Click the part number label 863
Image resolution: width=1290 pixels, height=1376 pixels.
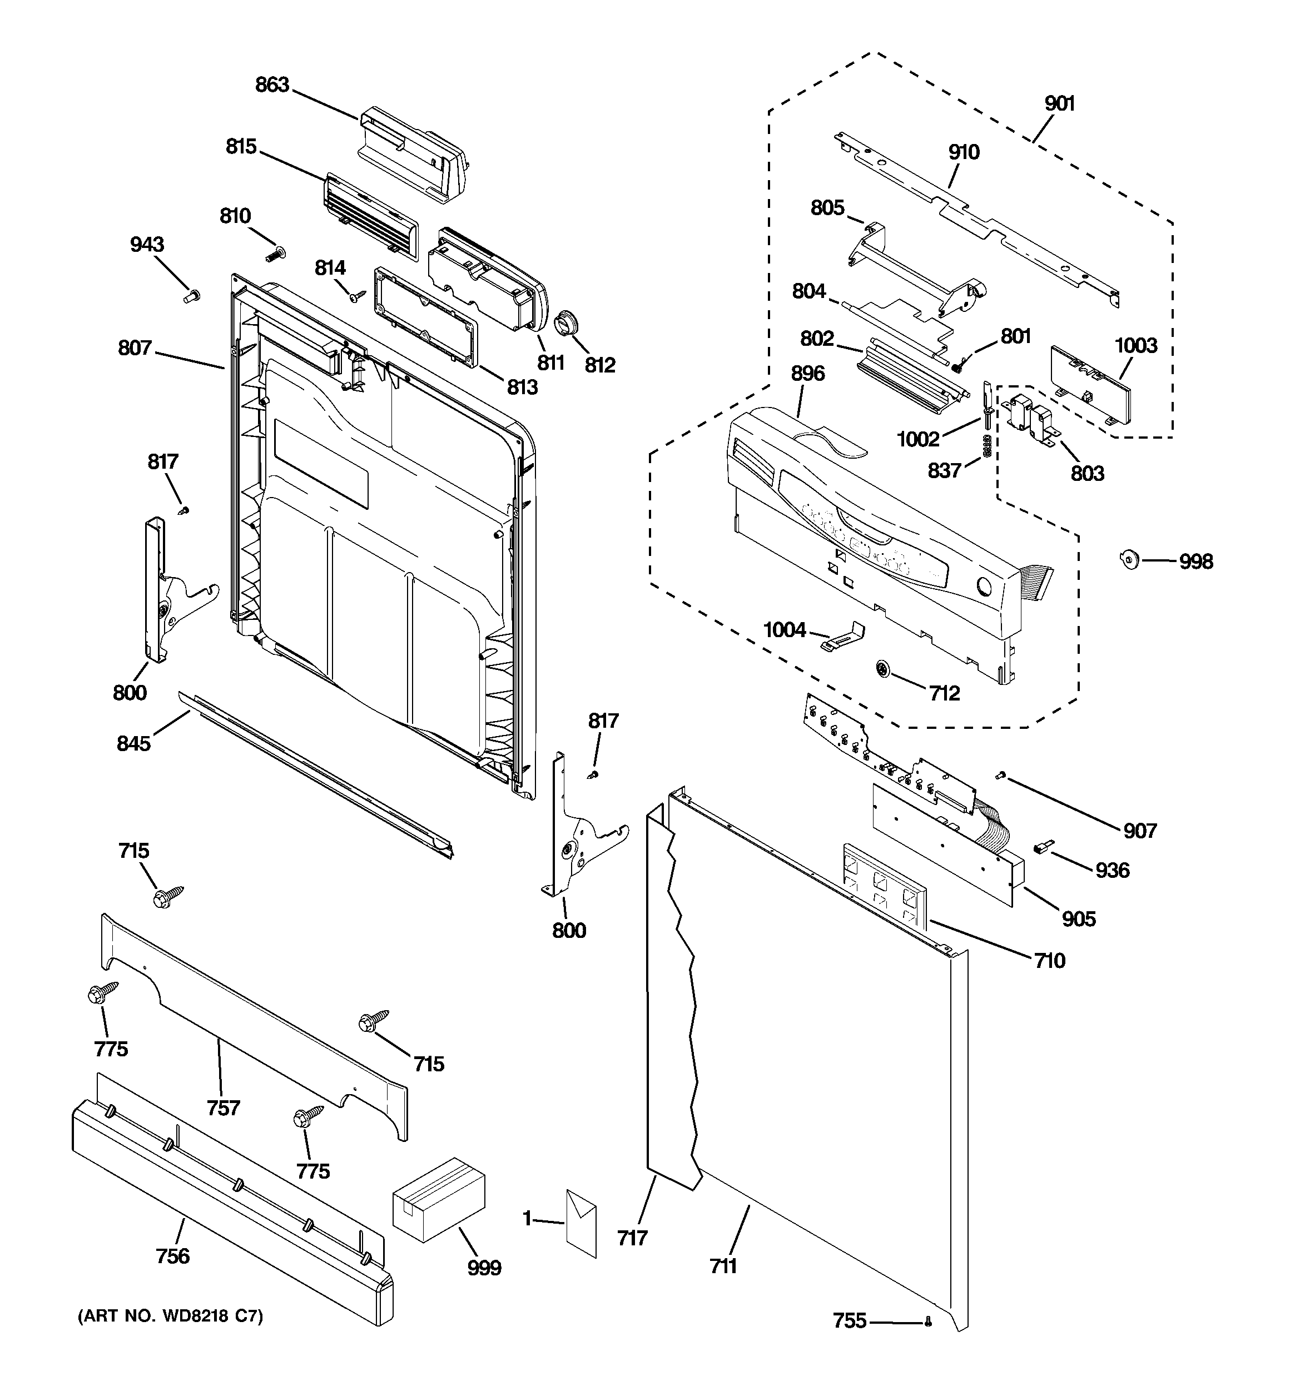271,85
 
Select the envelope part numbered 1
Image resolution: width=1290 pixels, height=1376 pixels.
581,1223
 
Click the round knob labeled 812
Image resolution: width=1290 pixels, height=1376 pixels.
567,325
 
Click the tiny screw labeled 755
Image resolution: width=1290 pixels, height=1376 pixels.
928,1322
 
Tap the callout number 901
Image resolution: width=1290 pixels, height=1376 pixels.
1059,104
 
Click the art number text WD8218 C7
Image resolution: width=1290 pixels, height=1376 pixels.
170,1316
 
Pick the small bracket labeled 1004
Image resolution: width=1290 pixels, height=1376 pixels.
844,636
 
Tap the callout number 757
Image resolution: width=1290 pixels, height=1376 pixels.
223,1108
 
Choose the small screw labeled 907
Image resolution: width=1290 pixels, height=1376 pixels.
1000,777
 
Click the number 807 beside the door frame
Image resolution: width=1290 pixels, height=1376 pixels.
135,347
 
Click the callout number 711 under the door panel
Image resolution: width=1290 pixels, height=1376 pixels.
723,1266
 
